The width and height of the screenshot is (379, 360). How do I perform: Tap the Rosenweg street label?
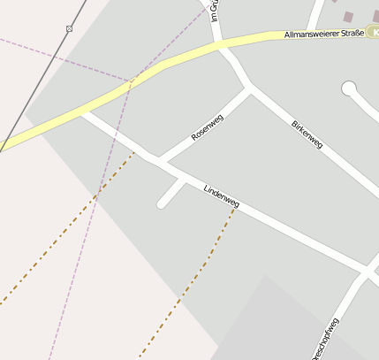click(208, 128)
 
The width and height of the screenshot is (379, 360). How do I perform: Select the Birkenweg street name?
click(307, 134)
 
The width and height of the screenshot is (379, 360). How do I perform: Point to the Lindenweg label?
click(221, 197)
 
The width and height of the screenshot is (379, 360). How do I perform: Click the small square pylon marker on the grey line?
click(69, 29)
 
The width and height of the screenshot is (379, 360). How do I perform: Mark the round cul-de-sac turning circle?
click(349, 88)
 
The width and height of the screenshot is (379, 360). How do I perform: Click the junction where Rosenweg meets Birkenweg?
click(249, 88)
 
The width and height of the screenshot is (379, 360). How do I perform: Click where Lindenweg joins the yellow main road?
click(82, 112)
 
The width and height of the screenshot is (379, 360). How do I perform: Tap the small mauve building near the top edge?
click(348, 16)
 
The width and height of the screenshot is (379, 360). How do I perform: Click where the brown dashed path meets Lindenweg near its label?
click(236, 206)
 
